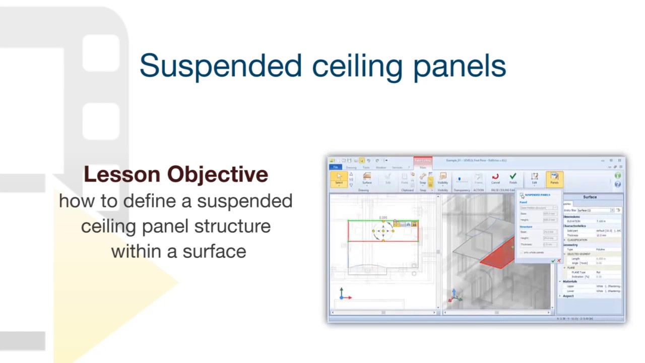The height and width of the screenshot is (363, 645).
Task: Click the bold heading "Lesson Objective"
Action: [x=176, y=174]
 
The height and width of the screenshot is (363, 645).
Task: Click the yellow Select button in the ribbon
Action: [x=339, y=178]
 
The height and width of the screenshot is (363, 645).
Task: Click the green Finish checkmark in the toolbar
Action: [x=513, y=178]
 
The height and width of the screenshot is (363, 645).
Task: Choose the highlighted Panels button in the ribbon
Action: [x=554, y=178]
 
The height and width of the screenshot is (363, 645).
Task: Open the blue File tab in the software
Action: [x=335, y=167]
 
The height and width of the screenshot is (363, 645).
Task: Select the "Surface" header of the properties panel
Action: [x=590, y=197]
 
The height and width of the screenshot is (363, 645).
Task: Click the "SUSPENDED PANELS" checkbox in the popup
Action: [x=522, y=195]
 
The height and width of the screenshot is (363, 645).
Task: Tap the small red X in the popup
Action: [x=558, y=261]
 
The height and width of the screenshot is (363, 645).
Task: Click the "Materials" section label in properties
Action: [x=570, y=281]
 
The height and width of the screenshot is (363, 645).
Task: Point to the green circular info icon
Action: [x=618, y=175]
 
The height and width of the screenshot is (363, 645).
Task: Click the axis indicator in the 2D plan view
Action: [x=342, y=294]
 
